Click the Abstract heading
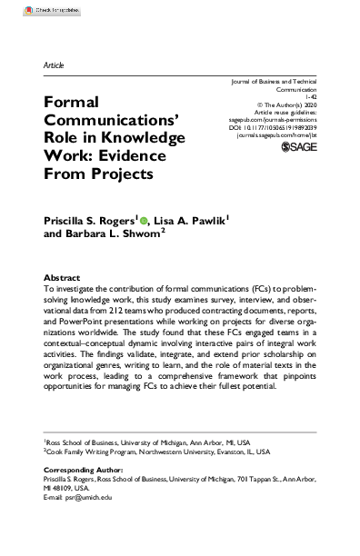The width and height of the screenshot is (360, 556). (63, 277)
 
